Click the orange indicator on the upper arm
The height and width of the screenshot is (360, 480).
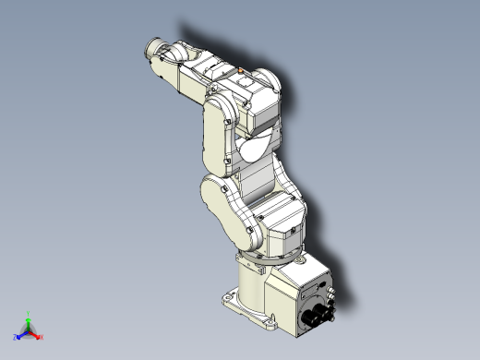(x=240, y=68)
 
